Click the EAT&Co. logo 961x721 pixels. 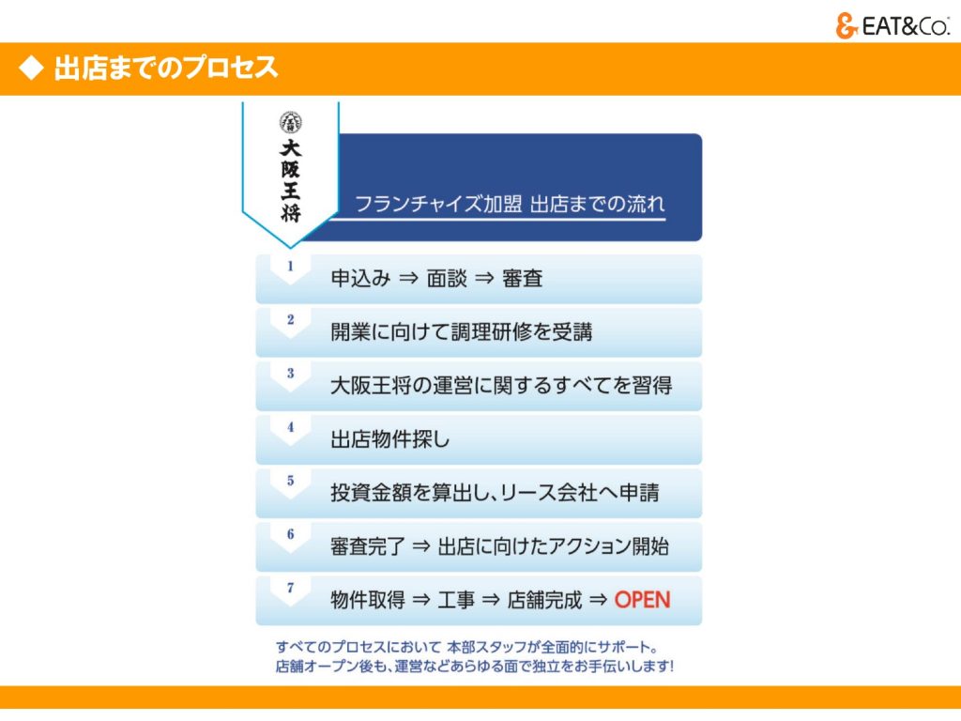pos(892,25)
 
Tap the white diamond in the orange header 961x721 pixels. pos(31,68)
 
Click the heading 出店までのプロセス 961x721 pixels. pos(166,68)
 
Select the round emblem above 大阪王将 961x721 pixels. pos(291,123)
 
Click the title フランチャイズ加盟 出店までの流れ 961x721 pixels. pos(510,204)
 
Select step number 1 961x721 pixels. pos(291,266)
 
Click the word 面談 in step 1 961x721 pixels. pos(447,278)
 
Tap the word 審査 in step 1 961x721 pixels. pos(522,278)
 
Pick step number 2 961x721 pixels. pos(291,319)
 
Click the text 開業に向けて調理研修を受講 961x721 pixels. pos(462,331)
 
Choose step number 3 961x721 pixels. pos(291,373)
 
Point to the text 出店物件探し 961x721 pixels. pos(389,439)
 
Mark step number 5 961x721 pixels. pos(291,480)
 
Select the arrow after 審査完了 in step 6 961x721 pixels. pos(421,546)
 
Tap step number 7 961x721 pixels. pos(291,588)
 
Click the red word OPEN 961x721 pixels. pos(642,600)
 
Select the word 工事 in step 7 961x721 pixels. pos(456,600)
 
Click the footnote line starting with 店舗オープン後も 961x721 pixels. pos(474,666)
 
